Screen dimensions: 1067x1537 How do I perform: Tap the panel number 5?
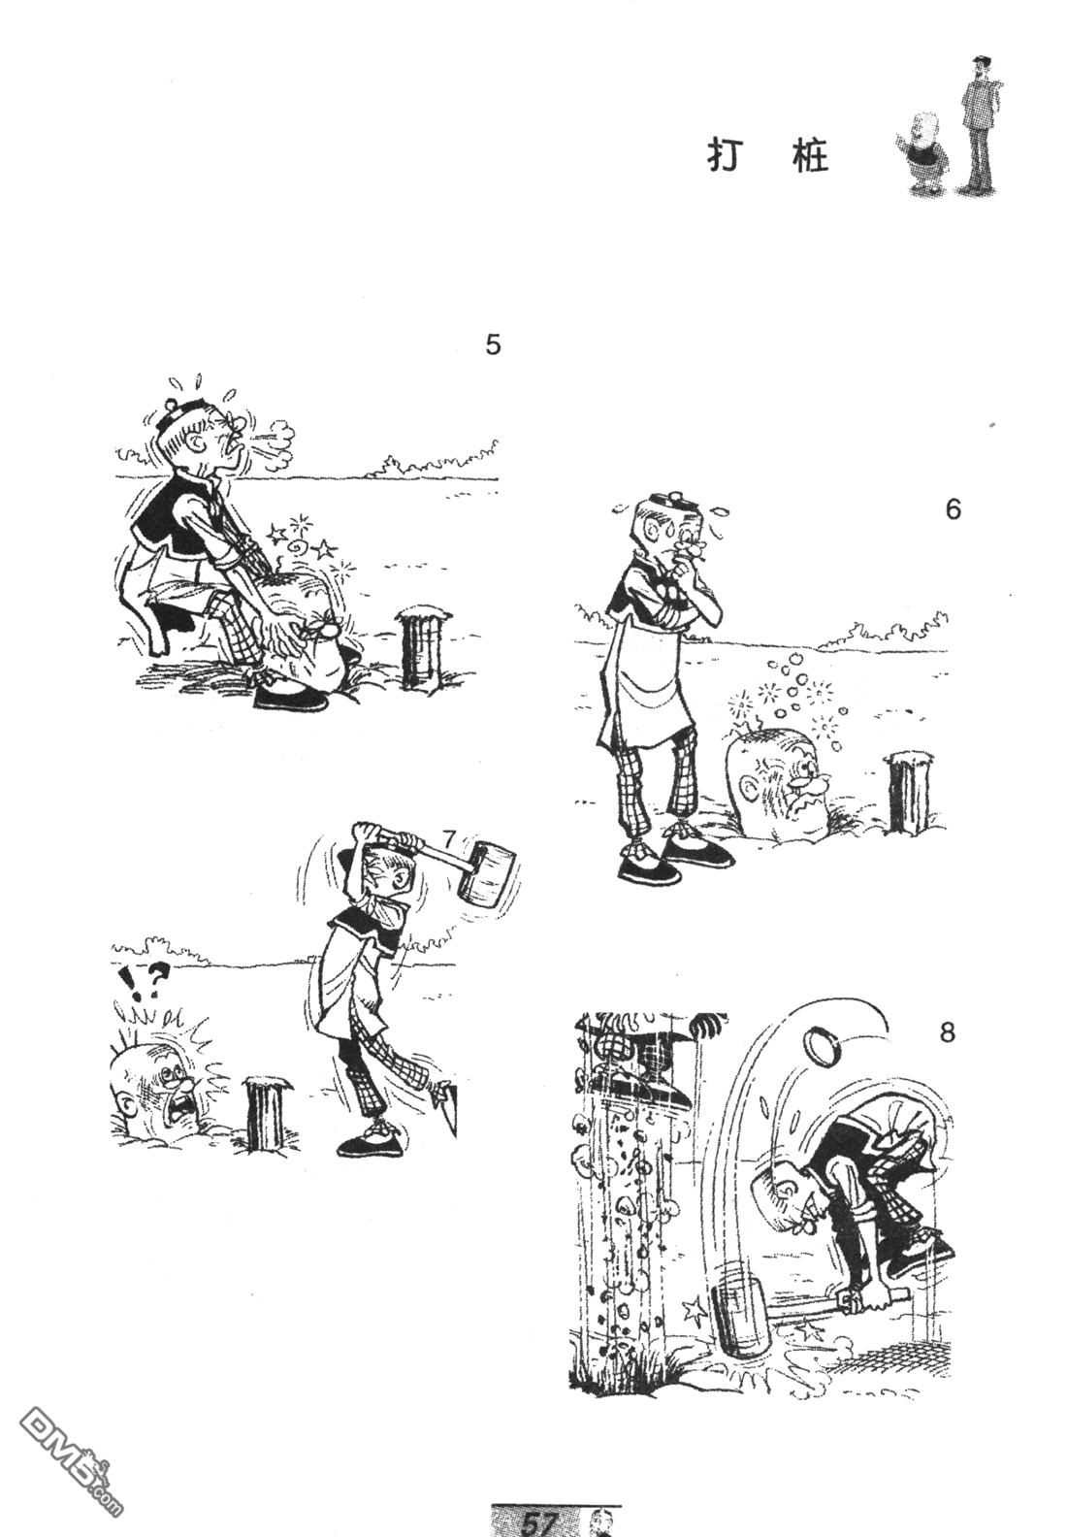493,344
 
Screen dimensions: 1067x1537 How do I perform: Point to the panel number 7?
450,838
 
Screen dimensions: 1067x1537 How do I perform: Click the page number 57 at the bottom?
536,1523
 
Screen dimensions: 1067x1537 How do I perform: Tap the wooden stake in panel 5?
420,647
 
